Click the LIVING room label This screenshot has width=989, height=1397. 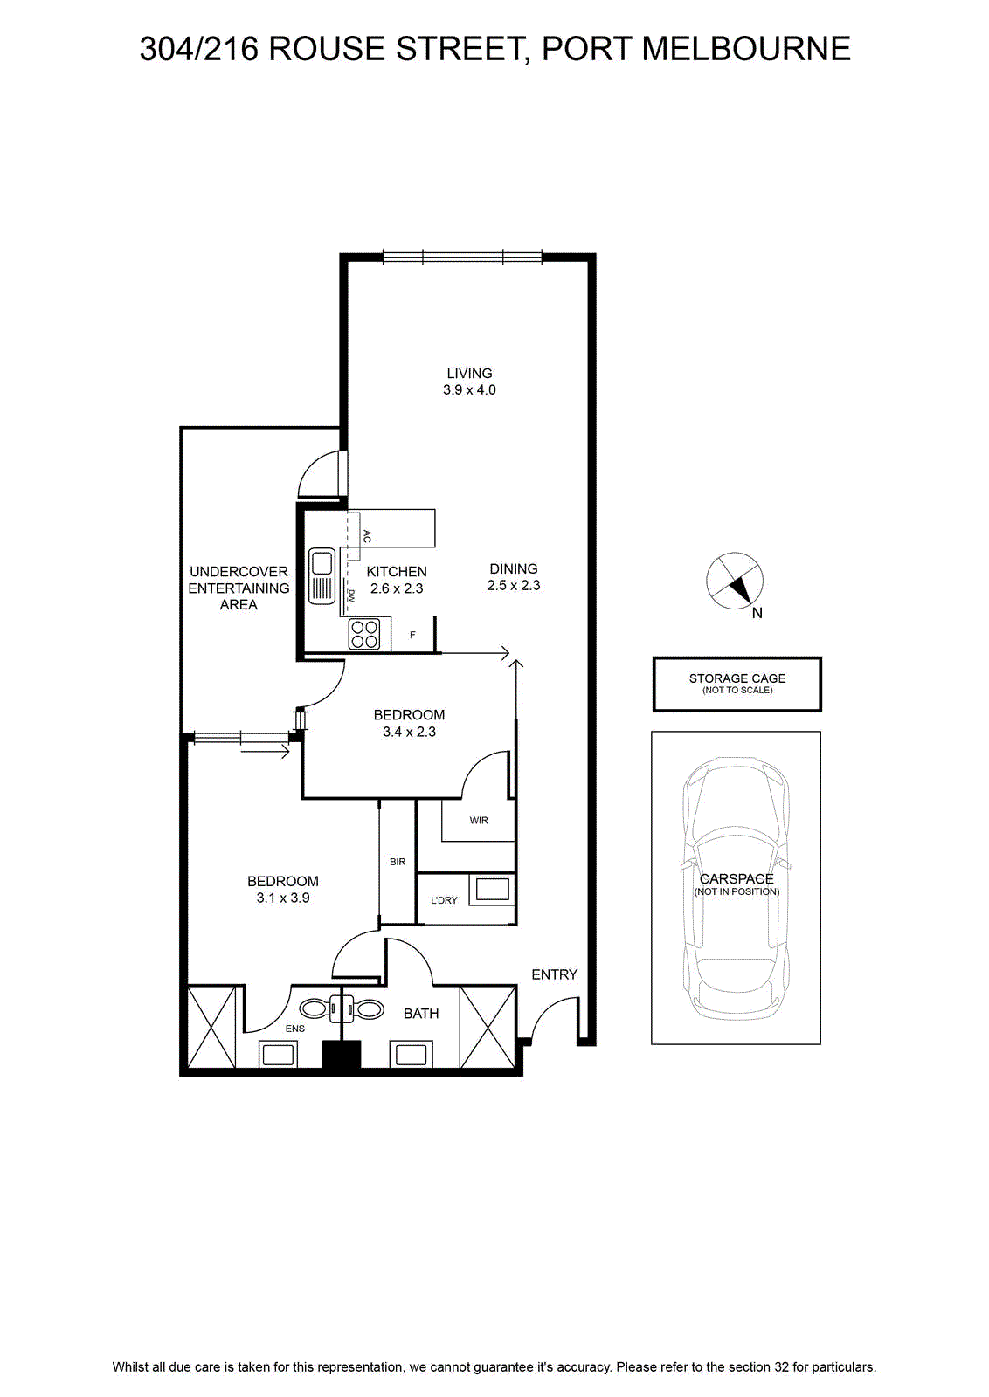pyautogui.click(x=469, y=373)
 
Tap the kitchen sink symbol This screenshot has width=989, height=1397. pyautogui.click(x=322, y=575)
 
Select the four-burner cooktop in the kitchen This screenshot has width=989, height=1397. pyautogui.click(x=364, y=634)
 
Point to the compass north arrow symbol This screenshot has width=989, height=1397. pyautogui.click(x=735, y=581)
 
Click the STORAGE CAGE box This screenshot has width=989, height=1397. pyautogui.click(x=737, y=684)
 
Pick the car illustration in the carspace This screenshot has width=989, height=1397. pyautogui.click(x=737, y=887)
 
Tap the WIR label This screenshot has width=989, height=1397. pyautogui.click(x=479, y=820)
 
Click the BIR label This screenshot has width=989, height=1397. pyautogui.click(x=398, y=861)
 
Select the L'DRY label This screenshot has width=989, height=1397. pyautogui.click(x=444, y=900)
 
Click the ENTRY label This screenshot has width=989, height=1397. pyautogui.click(x=554, y=974)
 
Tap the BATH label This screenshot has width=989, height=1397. pyautogui.click(x=421, y=1014)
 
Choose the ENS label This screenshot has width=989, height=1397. pyautogui.click(x=294, y=1029)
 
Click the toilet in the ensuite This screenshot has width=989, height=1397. pyautogui.click(x=319, y=1008)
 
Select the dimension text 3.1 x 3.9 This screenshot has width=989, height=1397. pyautogui.click(x=283, y=898)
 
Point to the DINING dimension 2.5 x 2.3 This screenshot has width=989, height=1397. pyautogui.click(x=514, y=585)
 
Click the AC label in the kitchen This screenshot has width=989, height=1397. pyautogui.click(x=367, y=536)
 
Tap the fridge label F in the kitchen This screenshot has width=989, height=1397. pyautogui.click(x=412, y=635)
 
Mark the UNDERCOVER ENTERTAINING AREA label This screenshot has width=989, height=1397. pyautogui.click(x=239, y=588)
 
